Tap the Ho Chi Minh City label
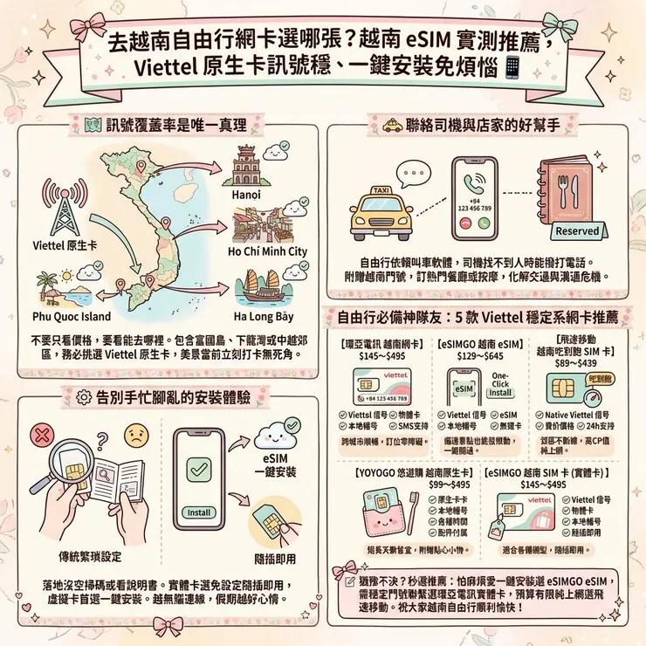[267, 251]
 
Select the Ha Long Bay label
[265, 316]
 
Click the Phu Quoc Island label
[72, 316]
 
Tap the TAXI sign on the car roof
[381, 189]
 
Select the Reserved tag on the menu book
[577, 231]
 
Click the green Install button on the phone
[199, 512]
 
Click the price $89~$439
[582, 362]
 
